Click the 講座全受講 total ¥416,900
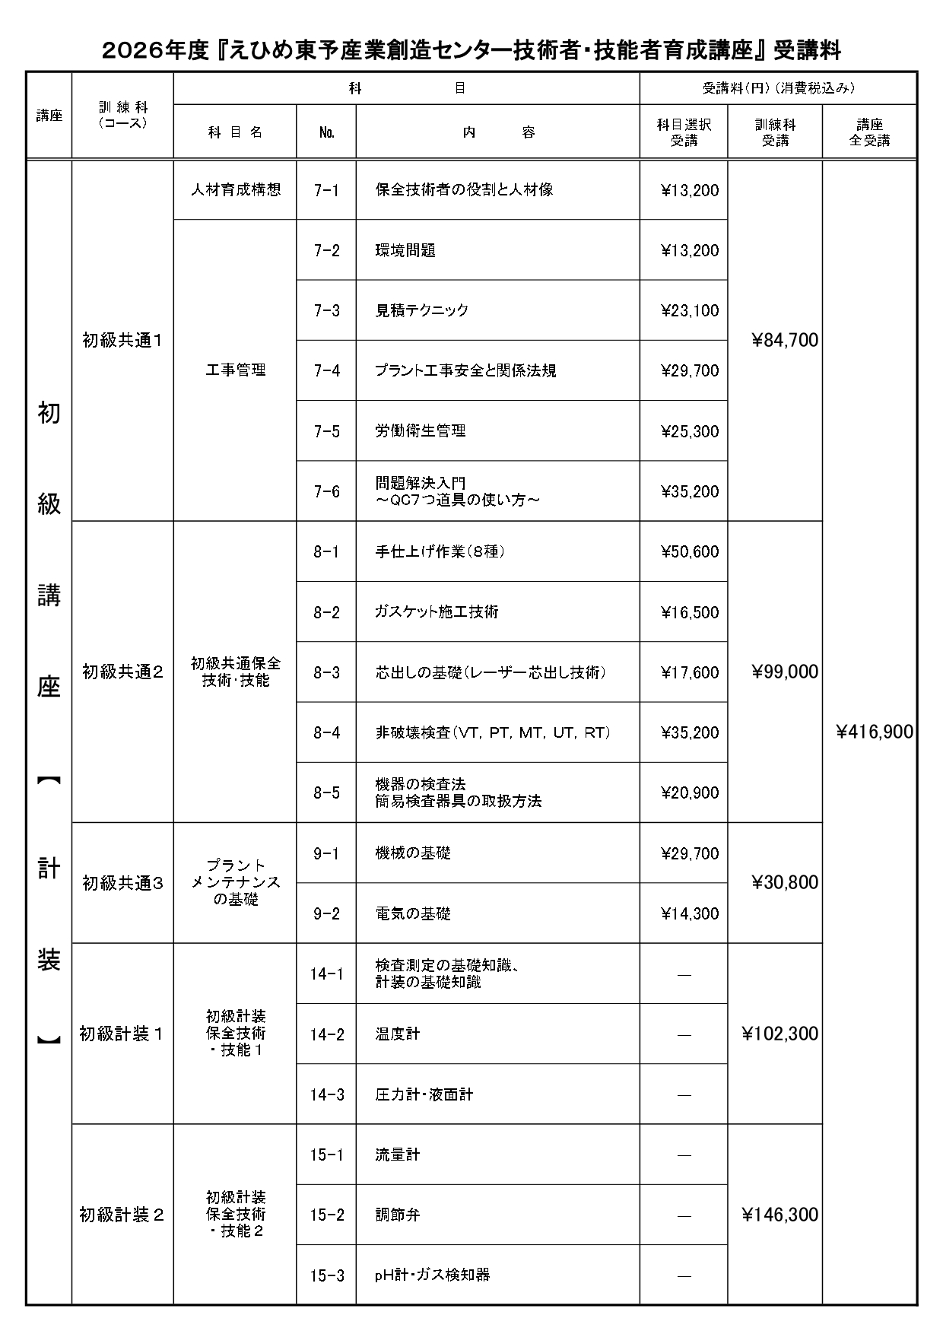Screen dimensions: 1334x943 click(x=875, y=732)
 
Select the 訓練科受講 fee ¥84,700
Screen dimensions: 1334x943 click(x=785, y=341)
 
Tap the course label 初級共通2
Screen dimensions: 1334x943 click(x=122, y=672)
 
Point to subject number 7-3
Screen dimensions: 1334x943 click(x=326, y=310)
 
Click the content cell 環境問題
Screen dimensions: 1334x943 click(x=405, y=250)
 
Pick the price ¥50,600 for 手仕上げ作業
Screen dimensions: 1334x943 click(x=690, y=551)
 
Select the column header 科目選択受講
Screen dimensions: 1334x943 click(x=684, y=132)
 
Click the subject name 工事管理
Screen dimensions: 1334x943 click(x=236, y=370)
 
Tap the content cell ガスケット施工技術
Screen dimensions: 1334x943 click(x=437, y=611)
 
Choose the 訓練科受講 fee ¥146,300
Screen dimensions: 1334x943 click(x=780, y=1215)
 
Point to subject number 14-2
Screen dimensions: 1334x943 click(x=327, y=1034)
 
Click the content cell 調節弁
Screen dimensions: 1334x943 click(x=398, y=1215)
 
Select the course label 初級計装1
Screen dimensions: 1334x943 click(x=122, y=1034)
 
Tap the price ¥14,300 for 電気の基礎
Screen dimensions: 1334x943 click(x=690, y=913)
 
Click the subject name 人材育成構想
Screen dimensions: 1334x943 click(x=236, y=190)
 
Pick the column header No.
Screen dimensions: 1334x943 click(x=327, y=132)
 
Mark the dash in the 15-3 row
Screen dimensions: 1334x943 click(x=684, y=1275)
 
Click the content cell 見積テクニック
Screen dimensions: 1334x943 click(x=422, y=310)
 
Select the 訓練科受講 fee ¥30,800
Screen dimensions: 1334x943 click(x=785, y=882)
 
